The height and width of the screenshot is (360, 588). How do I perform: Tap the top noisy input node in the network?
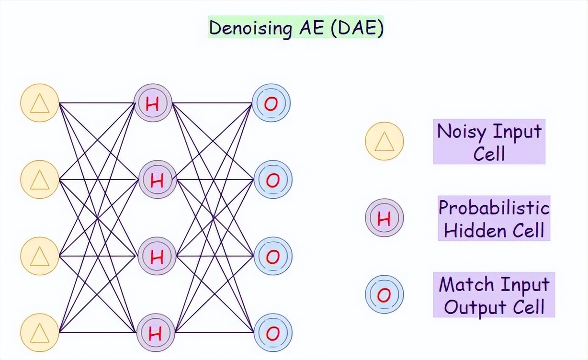coord(40,102)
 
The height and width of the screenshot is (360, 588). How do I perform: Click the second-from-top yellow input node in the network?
coord(40,180)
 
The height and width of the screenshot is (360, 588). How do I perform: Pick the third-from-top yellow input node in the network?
coord(40,256)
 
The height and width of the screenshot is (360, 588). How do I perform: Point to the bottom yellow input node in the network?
coord(40,332)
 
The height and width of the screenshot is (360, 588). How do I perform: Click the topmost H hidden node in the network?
coord(153,103)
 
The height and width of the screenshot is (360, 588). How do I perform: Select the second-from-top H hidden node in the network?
coord(158,180)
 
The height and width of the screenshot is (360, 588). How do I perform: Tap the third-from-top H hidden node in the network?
coord(157,256)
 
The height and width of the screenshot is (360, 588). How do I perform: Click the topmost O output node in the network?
coord(271,103)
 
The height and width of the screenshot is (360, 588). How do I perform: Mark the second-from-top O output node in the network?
coord(272,180)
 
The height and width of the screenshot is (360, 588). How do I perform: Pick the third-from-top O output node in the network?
coord(272,256)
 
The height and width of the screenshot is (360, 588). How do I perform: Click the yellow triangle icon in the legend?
coord(384,141)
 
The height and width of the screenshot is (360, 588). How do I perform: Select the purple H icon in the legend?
coord(384,218)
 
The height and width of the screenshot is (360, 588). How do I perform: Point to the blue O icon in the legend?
coord(384,294)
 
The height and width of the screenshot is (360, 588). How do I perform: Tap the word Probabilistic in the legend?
coord(494,208)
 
